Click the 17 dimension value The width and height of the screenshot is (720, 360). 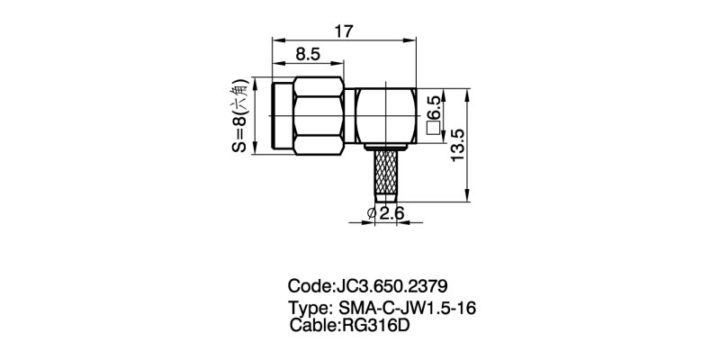(344, 31)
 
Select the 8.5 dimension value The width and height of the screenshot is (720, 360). (308, 55)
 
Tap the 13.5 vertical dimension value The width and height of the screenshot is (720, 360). (458, 145)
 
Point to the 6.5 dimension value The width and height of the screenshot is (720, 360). (434, 109)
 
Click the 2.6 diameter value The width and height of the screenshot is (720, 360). (391, 213)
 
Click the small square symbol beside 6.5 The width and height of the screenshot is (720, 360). (434, 129)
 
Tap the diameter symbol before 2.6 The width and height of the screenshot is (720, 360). (372, 213)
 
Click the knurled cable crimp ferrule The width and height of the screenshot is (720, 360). (386, 174)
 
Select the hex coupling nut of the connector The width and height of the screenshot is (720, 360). (319, 115)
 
